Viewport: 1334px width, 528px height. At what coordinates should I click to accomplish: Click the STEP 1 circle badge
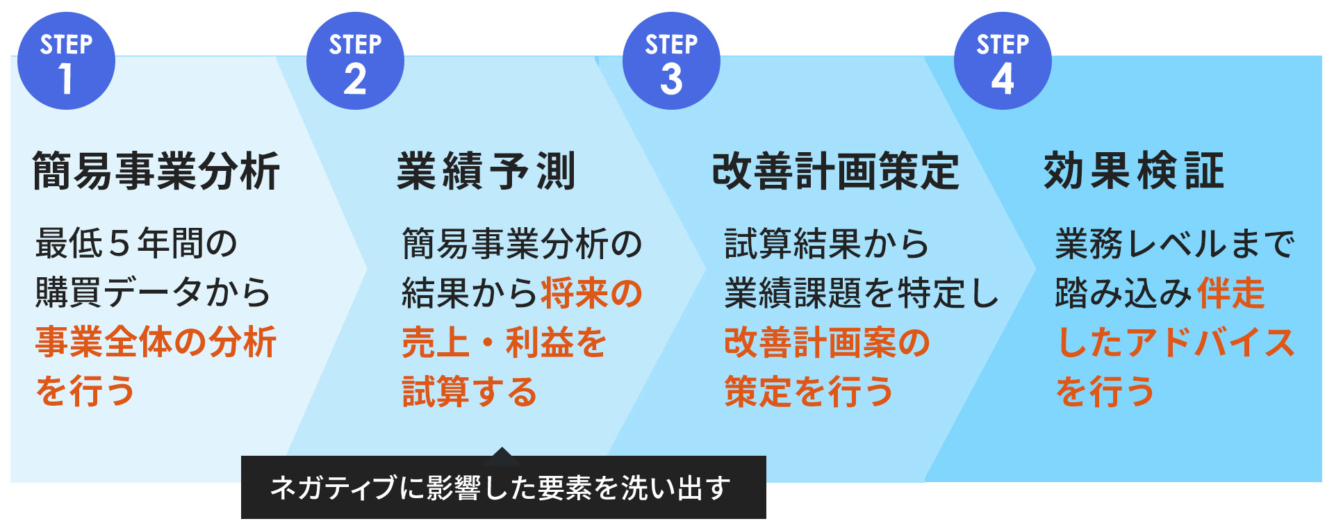(66, 61)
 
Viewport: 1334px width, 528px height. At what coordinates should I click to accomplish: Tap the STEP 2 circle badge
(355, 61)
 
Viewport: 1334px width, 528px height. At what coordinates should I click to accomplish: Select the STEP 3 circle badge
(671, 61)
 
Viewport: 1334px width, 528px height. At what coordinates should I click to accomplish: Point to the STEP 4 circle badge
(1003, 61)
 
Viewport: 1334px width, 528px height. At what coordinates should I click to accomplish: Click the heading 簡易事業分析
(156, 171)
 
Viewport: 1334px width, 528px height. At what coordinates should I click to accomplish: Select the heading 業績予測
(486, 171)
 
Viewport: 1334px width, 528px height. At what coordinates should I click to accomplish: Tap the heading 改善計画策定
(836, 171)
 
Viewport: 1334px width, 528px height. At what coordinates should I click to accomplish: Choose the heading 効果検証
(1134, 171)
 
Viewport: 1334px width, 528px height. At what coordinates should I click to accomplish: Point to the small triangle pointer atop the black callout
(502, 456)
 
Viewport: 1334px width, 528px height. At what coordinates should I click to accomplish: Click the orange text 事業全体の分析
(156, 342)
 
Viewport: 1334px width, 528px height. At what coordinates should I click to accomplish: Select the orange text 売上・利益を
(504, 342)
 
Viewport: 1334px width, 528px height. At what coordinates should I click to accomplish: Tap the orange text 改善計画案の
(827, 342)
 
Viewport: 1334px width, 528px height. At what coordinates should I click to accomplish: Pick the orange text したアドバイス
(1176, 342)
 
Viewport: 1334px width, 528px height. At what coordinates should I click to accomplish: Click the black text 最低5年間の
(137, 243)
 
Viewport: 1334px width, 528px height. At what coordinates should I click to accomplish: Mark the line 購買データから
(153, 292)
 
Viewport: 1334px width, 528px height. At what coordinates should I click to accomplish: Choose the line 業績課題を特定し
(862, 292)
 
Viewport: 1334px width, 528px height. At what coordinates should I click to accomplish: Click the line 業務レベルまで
(1175, 243)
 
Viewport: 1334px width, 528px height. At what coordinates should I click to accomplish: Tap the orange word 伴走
(1230, 292)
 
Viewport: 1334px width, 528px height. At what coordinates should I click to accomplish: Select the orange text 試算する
(470, 391)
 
